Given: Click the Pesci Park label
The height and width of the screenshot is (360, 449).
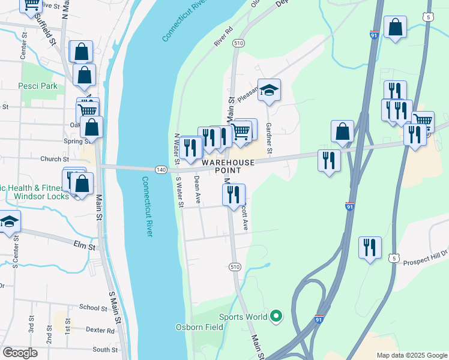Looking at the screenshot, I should [x=38, y=86].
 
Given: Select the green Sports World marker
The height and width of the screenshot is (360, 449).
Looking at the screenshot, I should [x=276, y=316].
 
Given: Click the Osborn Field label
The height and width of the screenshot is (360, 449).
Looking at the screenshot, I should [x=199, y=327].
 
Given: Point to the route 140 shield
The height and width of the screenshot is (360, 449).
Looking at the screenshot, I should [x=160, y=170].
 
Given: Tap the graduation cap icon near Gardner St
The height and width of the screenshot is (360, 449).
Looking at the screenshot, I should [x=270, y=91].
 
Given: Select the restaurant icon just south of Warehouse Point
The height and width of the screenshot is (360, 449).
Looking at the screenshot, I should [x=234, y=194].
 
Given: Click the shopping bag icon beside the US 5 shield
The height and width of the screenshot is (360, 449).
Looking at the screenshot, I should [x=395, y=27].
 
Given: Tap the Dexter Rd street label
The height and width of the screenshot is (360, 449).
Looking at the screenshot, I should [x=100, y=330].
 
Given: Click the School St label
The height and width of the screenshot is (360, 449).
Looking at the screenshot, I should [x=92, y=307].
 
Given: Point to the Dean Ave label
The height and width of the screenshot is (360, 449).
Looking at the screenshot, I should [x=196, y=190].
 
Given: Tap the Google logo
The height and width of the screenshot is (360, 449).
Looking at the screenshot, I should [x=20, y=353].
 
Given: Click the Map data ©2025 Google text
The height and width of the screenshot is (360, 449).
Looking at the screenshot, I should [x=411, y=355].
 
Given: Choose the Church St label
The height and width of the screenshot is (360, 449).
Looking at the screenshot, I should [x=55, y=159].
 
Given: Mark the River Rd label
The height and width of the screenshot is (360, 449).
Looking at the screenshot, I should [x=223, y=37].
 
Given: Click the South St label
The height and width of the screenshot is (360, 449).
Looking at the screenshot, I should [x=105, y=349].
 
